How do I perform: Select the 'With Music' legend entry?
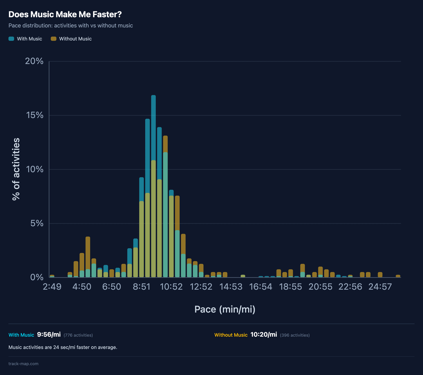point(25,39)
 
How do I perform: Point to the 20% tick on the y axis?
point(34,61)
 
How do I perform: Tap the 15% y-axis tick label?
point(34,115)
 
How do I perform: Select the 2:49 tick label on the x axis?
point(52,287)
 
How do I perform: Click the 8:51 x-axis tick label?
point(141,287)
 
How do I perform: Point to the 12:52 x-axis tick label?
point(201,287)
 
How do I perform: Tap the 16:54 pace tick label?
point(260,287)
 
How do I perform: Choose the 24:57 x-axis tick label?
point(380,287)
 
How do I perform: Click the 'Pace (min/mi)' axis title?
point(225,309)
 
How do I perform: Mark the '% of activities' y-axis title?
point(16,169)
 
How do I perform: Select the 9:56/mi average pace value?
point(49,335)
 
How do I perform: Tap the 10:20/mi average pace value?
point(264,335)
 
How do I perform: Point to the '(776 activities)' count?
point(78,335)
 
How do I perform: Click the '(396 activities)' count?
point(295,335)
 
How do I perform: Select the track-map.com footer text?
point(23,364)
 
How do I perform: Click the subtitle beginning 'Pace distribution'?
point(70,26)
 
